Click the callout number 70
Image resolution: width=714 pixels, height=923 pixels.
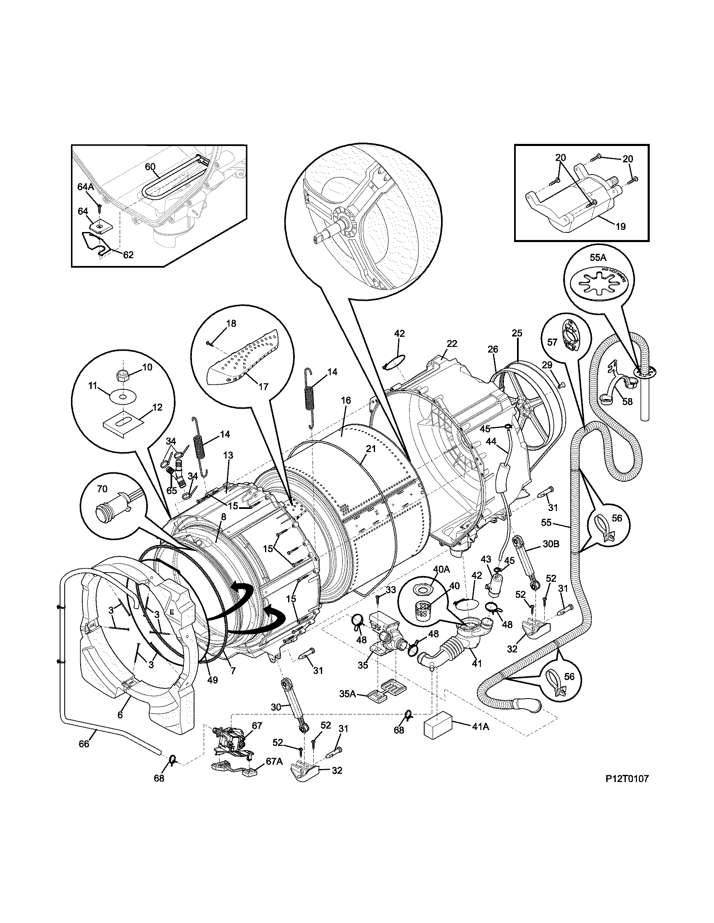(x=102, y=489)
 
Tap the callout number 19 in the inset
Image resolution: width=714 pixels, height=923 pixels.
(x=620, y=227)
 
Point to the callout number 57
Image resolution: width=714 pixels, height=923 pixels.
(x=552, y=342)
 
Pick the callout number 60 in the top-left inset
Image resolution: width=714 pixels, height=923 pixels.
(x=151, y=167)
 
